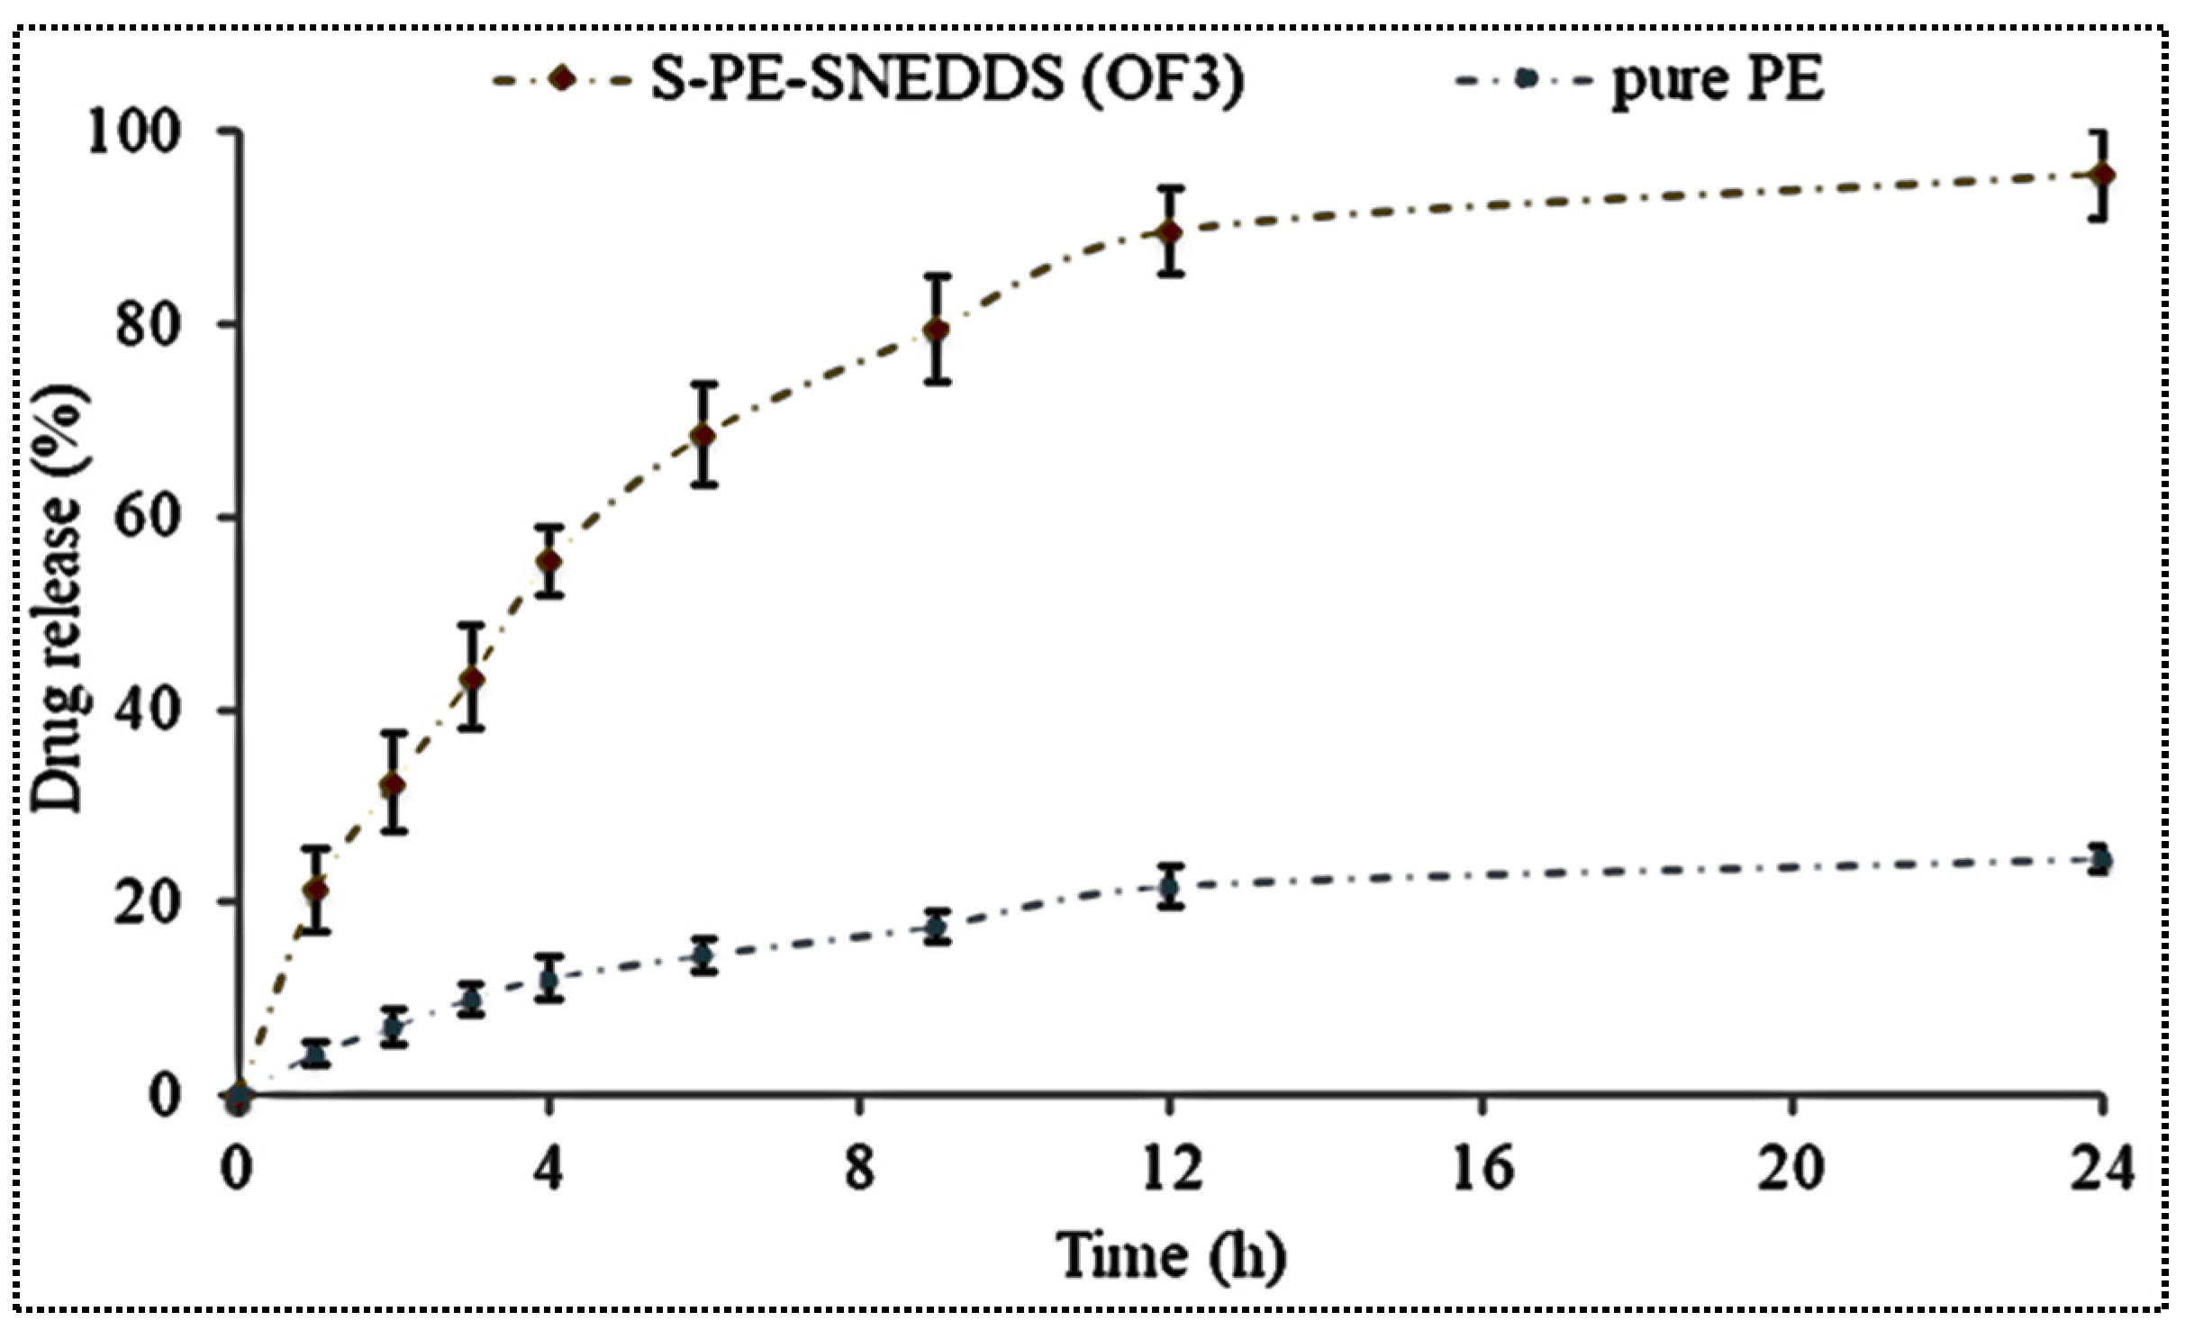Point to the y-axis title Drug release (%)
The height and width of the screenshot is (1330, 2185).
pos(59,599)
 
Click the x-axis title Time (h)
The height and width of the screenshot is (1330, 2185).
pos(1170,1256)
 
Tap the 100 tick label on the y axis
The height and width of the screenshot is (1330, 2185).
pos(134,132)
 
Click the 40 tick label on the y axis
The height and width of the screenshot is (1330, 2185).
pos(148,710)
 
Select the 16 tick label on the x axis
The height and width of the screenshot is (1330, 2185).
pos(1482,1169)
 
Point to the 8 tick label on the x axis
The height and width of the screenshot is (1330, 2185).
pos(859,1169)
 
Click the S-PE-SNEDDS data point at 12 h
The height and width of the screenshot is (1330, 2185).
pos(1169,231)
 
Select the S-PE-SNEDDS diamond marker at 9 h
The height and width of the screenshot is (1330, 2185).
pos(937,330)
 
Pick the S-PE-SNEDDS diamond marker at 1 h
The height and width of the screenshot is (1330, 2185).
pos(315,890)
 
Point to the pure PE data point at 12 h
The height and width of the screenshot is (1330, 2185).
pos(1169,887)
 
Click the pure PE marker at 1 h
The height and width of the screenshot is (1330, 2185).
pos(315,1054)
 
